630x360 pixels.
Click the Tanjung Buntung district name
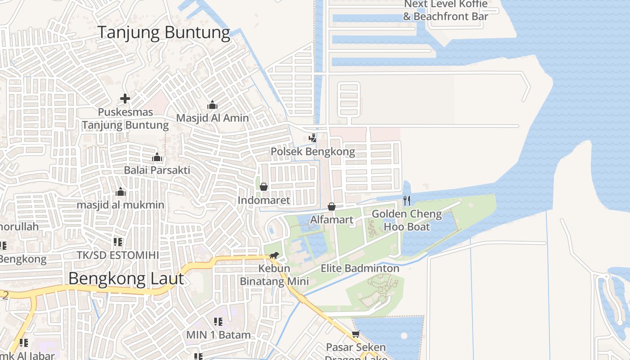pos(164,32)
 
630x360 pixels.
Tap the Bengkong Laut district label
pos(126,279)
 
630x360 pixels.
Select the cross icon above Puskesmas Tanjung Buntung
pos(125,98)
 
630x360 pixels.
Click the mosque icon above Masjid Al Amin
pos(212,105)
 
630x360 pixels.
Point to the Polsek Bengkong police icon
pos(312,138)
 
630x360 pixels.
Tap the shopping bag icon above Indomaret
pos(264,187)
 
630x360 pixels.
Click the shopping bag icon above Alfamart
pos(332,207)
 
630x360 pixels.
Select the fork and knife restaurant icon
pos(407,200)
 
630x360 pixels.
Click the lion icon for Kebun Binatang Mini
pos(274,256)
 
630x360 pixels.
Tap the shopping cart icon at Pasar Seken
pos(355,334)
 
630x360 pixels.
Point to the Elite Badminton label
pos(360,269)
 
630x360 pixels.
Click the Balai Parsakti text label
pos(157,170)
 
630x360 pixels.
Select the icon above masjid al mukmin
pos(120,192)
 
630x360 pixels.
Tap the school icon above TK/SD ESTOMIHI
pos(118,242)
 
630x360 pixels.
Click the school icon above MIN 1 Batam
pos(218,322)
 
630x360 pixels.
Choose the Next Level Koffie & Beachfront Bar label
pos(445,10)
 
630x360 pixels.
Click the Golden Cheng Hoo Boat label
pos(407,220)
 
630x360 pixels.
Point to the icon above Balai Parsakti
pos(157,157)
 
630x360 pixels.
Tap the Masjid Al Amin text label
pos(212,118)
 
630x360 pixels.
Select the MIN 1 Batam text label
pos(218,335)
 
